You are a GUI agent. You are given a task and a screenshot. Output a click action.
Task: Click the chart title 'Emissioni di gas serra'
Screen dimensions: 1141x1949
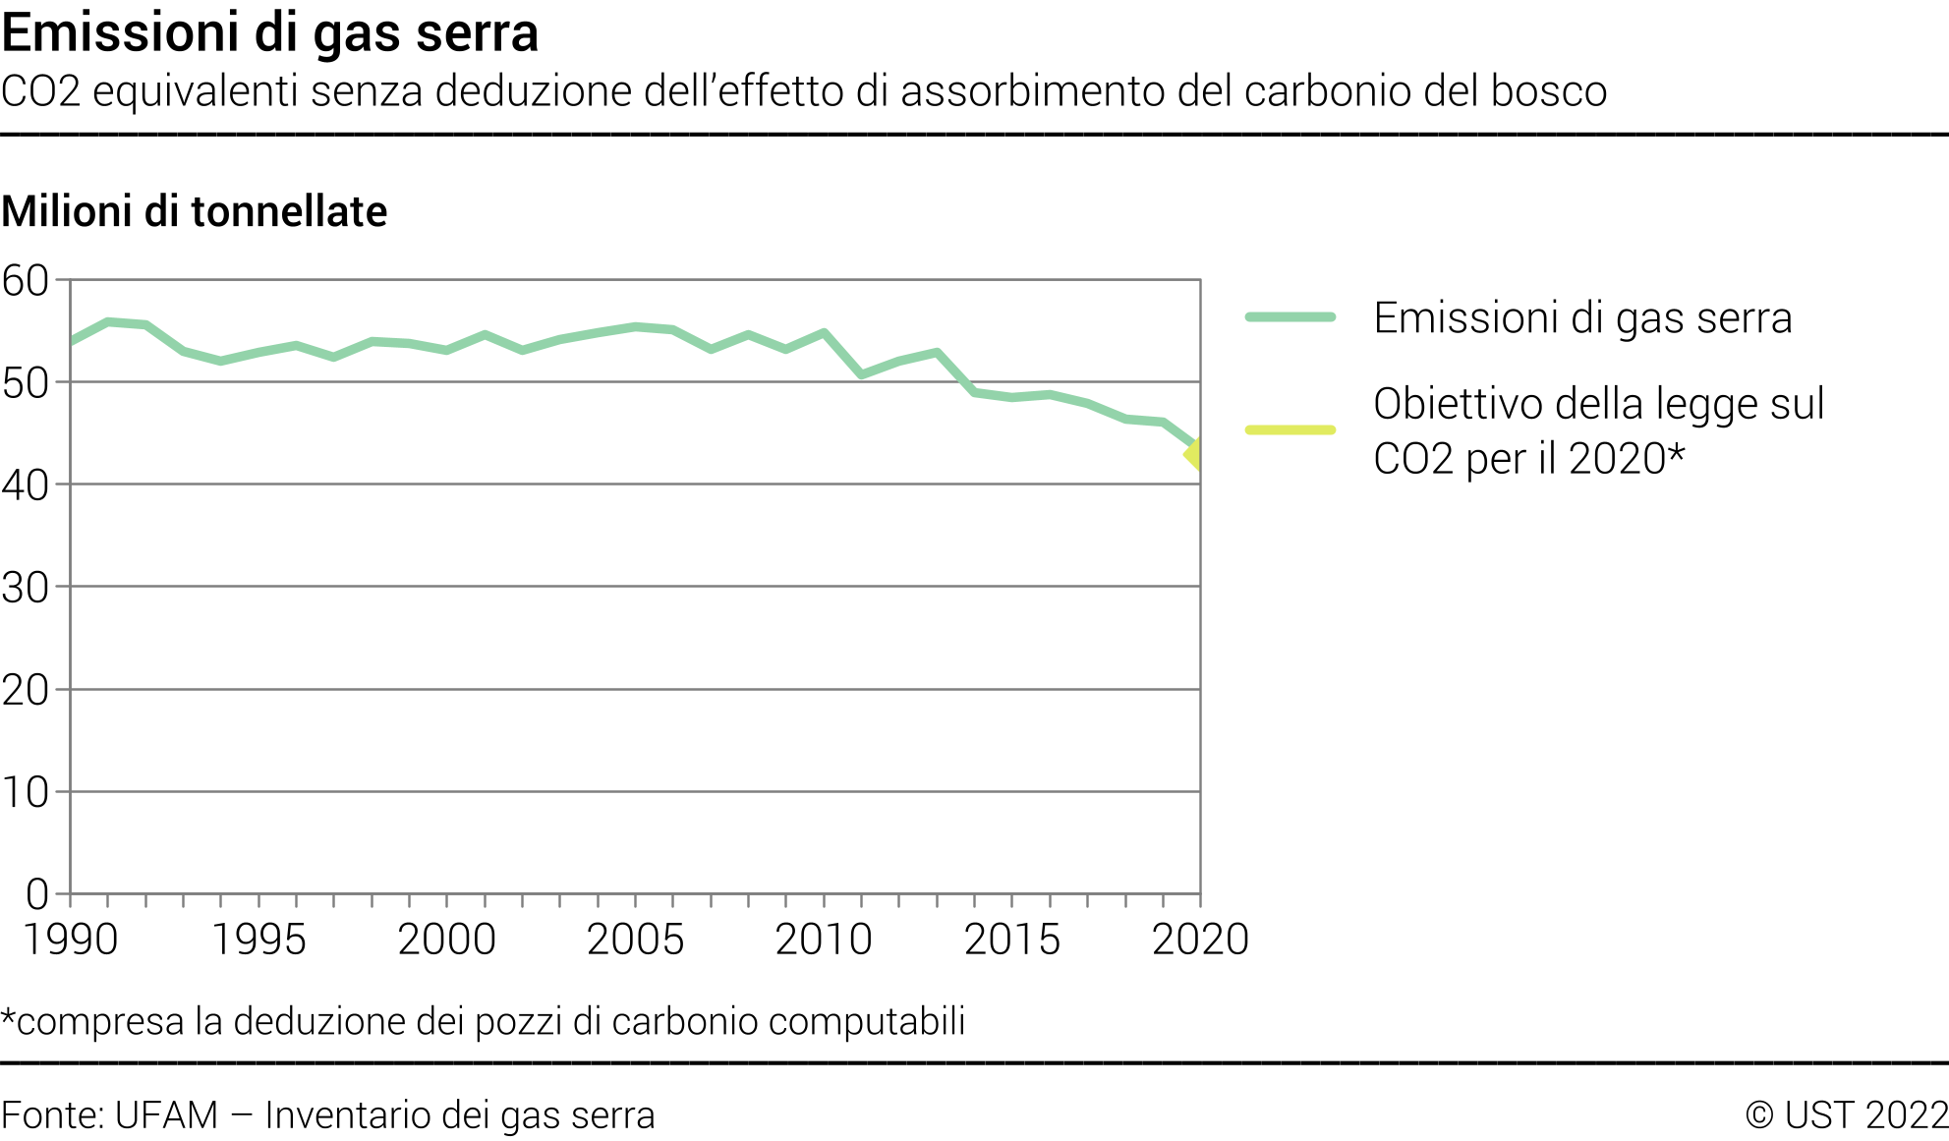coord(270,31)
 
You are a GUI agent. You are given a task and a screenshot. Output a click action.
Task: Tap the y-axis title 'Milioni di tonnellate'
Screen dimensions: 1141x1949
coord(195,211)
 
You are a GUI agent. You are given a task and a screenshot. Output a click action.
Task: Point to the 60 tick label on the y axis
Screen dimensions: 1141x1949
coord(26,281)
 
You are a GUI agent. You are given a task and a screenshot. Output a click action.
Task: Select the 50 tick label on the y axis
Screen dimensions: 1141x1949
coord(26,383)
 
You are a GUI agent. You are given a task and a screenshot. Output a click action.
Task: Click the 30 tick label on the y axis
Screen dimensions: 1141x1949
coord(26,588)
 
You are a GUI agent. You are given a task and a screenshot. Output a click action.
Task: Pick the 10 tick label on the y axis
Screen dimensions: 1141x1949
coord(26,792)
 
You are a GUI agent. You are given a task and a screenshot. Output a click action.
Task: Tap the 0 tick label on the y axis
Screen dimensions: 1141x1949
coord(37,894)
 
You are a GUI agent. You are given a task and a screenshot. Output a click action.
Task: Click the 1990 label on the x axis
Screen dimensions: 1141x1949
coord(71,940)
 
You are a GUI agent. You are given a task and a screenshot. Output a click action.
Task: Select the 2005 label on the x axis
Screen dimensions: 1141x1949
coord(635,940)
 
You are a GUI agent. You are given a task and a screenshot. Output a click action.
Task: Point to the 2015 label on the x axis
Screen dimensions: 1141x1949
coord(1011,940)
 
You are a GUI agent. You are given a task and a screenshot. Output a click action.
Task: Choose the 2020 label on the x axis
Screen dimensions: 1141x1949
coord(1200,940)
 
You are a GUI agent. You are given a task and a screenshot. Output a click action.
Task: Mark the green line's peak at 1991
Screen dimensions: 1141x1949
coord(108,321)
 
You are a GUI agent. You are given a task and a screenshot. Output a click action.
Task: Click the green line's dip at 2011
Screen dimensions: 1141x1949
coord(862,374)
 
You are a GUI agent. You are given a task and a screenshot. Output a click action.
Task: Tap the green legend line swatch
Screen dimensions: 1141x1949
coord(1290,317)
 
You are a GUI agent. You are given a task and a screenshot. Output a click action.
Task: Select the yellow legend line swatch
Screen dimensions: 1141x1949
coord(1290,429)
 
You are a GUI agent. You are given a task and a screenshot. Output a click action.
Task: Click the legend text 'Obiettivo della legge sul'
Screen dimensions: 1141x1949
coord(1598,404)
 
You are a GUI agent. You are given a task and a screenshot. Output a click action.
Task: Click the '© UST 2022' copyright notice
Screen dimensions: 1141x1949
coord(1847,1115)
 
